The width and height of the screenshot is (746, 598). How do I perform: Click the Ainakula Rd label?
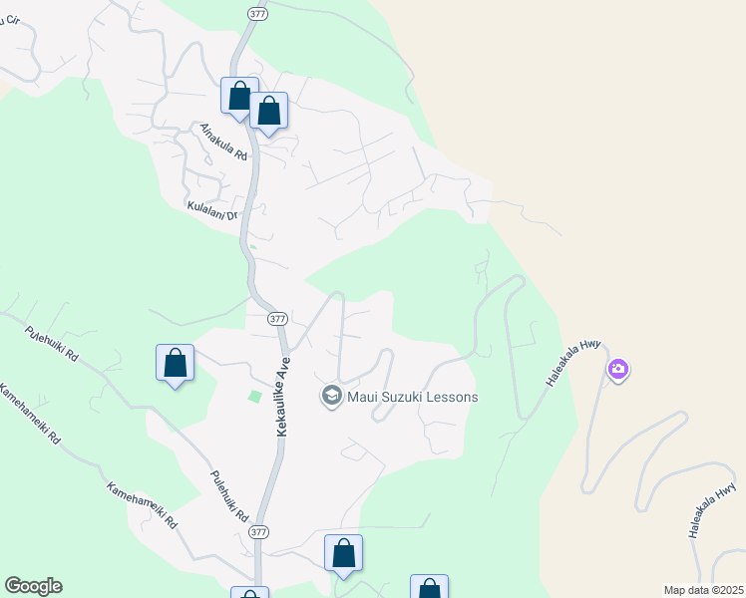click(222, 142)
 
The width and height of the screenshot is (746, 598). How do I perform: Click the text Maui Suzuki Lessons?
click(412, 397)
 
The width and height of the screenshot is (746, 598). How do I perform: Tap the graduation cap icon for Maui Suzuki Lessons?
click(331, 397)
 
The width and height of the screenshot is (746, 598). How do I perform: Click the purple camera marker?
click(618, 371)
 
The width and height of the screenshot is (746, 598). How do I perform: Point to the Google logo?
click(33, 586)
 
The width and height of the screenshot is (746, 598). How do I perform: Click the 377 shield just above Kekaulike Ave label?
click(278, 319)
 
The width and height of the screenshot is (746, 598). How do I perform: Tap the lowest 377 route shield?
click(258, 532)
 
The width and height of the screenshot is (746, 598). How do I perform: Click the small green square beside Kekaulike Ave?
click(254, 397)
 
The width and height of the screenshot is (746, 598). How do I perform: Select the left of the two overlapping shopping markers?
click(239, 97)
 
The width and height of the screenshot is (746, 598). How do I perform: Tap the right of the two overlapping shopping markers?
click(269, 111)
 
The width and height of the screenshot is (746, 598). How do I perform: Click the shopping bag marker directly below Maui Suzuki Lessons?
click(343, 553)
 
